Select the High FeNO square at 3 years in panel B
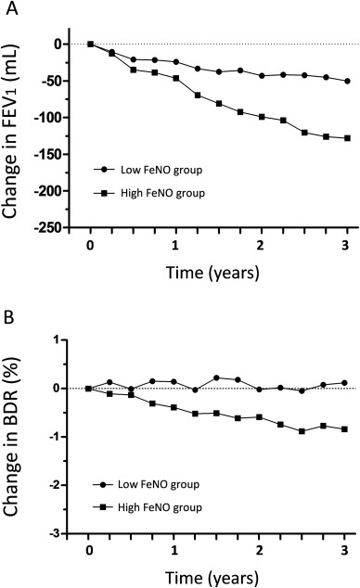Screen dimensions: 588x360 [347, 428]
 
